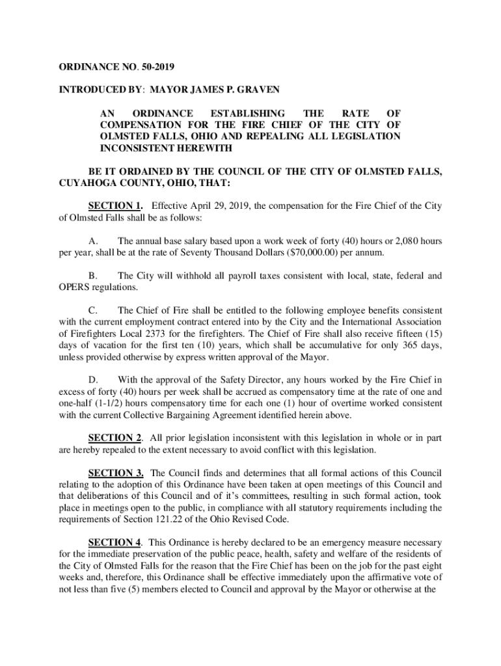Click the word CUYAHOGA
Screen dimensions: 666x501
(x=81, y=183)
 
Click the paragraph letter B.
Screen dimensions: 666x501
(x=92, y=275)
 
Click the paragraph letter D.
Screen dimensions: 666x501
(x=92, y=380)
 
